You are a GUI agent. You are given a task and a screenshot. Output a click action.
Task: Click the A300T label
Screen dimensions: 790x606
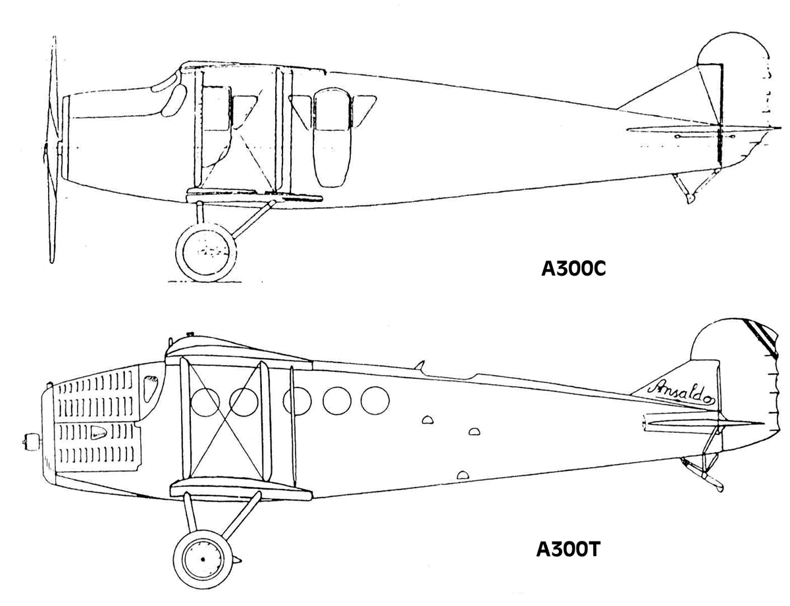567,549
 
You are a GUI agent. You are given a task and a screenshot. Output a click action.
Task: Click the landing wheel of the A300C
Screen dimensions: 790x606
206,252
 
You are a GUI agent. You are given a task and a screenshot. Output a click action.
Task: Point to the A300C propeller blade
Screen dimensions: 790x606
53,149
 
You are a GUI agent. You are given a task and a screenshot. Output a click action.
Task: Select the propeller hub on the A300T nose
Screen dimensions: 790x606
32,442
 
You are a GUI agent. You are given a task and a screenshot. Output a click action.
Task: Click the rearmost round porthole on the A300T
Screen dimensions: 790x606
375,400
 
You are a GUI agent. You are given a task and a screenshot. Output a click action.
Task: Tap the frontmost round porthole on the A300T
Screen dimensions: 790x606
205,402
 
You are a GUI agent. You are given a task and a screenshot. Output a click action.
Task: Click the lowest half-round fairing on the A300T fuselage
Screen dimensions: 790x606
463,475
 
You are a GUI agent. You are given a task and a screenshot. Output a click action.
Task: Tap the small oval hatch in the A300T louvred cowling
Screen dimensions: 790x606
98,432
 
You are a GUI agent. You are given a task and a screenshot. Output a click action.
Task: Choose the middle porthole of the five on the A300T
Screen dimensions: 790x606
297,401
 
